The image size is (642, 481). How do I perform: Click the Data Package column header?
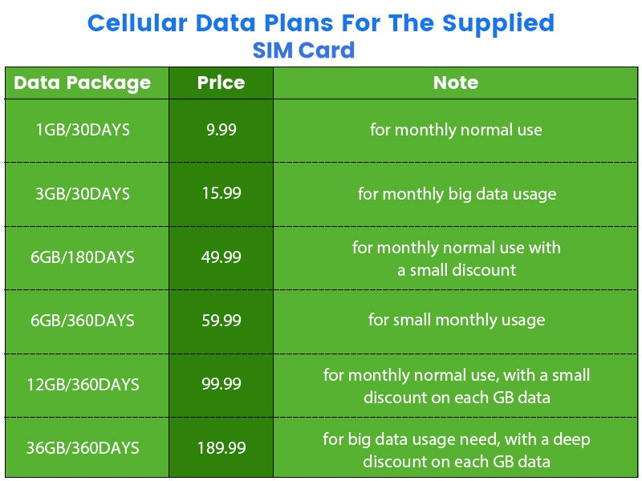point(83,83)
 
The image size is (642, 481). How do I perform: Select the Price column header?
point(221,83)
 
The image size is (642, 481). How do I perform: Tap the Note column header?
point(456,83)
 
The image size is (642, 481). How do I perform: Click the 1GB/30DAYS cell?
point(83,130)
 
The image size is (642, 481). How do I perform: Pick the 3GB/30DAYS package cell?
point(83,193)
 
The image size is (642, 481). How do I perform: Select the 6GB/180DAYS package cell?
point(83,257)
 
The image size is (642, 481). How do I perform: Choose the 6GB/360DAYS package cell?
point(83,321)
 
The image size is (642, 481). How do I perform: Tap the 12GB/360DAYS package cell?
point(83,385)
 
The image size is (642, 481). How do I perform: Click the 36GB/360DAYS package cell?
point(83,448)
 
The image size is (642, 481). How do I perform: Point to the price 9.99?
point(221,130)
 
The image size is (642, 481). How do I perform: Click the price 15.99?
point(221,193)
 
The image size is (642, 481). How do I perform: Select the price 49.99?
point(221,257)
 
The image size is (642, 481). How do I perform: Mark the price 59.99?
point(221,320)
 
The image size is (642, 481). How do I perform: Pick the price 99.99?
point(221,384)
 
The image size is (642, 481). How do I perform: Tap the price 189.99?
point(221,448)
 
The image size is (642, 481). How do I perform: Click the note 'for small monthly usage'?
point(457,320)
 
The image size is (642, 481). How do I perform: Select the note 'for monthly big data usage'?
point(457,194)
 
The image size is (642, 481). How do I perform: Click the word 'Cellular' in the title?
point(137,23)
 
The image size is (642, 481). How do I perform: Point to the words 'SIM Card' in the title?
point(303,51)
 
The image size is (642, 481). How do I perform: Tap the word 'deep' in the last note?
point(571,440)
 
